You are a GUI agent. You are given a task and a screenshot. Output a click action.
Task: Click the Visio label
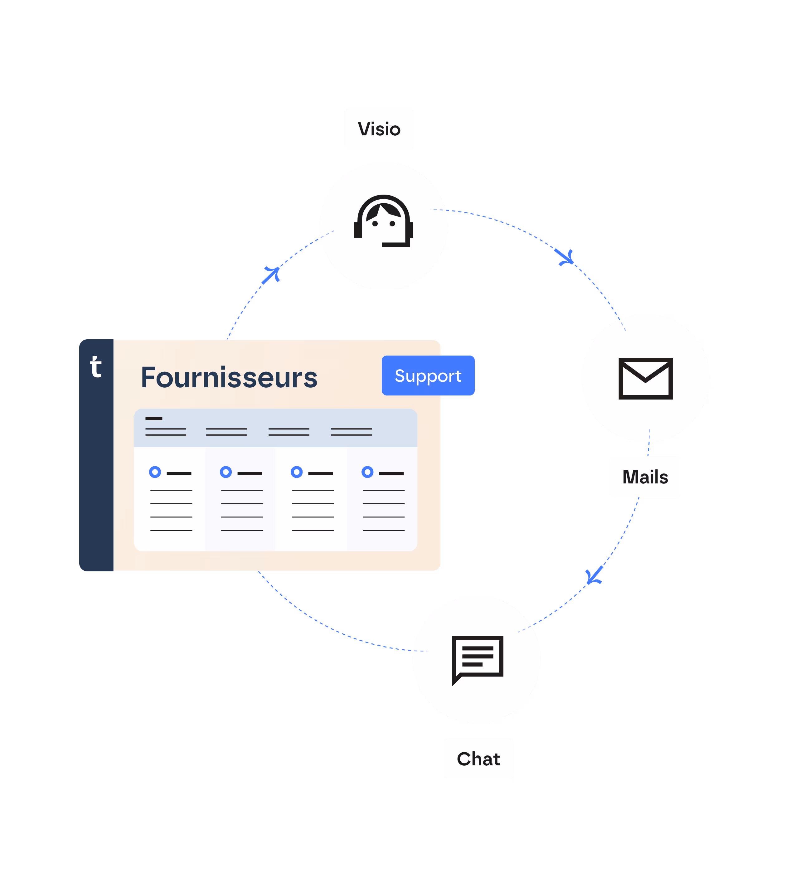(379, 129)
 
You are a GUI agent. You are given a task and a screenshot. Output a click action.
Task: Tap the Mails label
(645, 477)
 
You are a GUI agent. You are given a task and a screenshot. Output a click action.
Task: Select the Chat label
(478, 759)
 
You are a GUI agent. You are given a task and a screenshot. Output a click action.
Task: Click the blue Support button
(428, 376)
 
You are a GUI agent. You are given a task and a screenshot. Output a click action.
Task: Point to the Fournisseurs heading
(229, 377)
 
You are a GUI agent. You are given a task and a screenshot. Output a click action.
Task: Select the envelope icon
(645, 378)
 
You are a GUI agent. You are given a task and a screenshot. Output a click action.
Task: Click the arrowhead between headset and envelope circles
(565, 258)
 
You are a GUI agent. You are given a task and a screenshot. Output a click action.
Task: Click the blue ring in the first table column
(155, 472)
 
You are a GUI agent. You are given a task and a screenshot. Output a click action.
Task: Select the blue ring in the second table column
(226, 472)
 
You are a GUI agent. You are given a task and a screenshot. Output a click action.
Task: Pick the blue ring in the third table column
(296, 472)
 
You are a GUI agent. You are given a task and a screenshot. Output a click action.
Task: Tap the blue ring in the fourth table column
(367, 472)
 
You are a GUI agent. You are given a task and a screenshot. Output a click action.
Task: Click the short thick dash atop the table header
(154, 418)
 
